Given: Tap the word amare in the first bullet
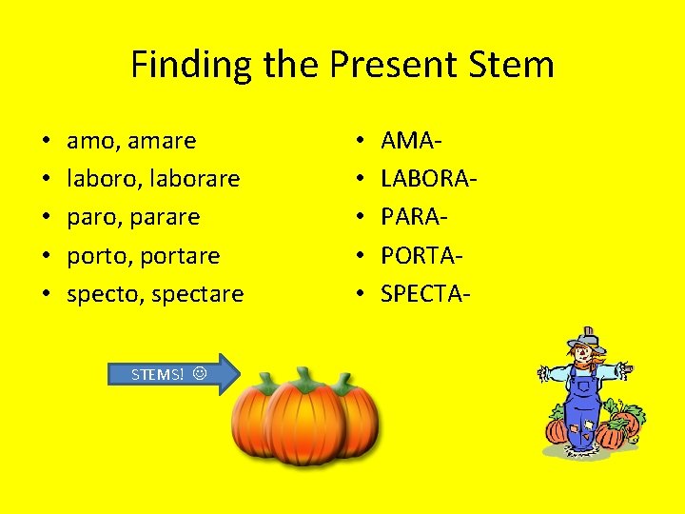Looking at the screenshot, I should click(164, 141).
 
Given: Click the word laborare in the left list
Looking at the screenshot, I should click(194, 179).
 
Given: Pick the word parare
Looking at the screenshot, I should click(167, 217).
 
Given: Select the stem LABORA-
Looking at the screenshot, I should click(429, 179).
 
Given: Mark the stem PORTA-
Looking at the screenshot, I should click(422, 256).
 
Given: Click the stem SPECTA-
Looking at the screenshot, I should click(425, 294).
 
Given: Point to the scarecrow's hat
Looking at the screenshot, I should click(586, 339).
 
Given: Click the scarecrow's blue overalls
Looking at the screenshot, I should click(581, 409).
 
